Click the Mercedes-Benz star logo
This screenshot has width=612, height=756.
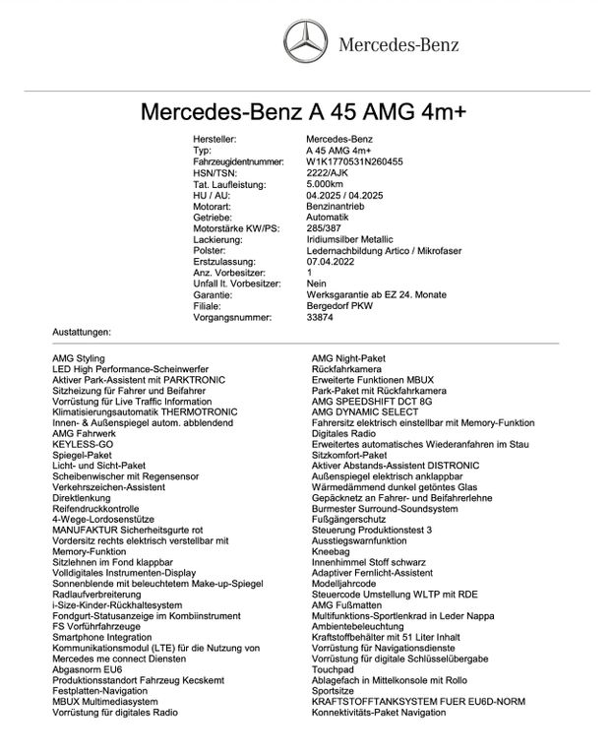[305, 44]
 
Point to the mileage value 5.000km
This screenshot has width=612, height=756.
[325, 183]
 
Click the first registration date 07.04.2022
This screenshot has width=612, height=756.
[332, 261]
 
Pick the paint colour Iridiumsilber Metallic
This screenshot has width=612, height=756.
[349, 238]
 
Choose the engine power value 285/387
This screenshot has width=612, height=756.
[325, 227]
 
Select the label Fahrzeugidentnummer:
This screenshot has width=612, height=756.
[239, 161]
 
